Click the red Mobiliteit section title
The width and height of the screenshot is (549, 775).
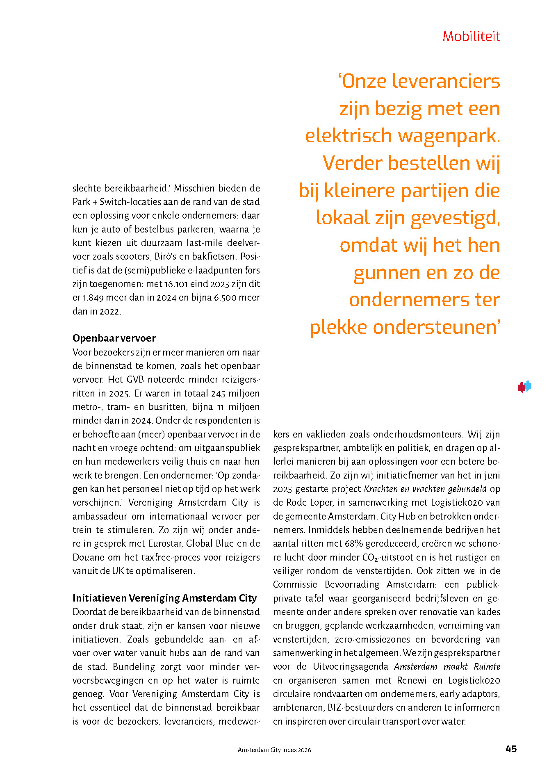pos(471,36)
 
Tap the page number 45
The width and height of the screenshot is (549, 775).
pos(511,749)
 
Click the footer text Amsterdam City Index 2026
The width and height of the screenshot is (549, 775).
pos(274,750)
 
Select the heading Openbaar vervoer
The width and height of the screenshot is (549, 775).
pos(114,338)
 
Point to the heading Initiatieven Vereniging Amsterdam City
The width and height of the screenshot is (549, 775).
pos(164,598)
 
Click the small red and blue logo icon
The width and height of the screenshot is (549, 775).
pos(524,387)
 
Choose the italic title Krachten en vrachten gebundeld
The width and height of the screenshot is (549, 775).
pos(425,489)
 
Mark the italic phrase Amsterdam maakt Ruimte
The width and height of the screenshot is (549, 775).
pos(447,666)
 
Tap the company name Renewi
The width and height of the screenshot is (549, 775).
pos(412,680)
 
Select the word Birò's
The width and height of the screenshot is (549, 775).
pos(166,257)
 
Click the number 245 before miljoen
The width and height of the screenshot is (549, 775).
pos(218,393)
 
